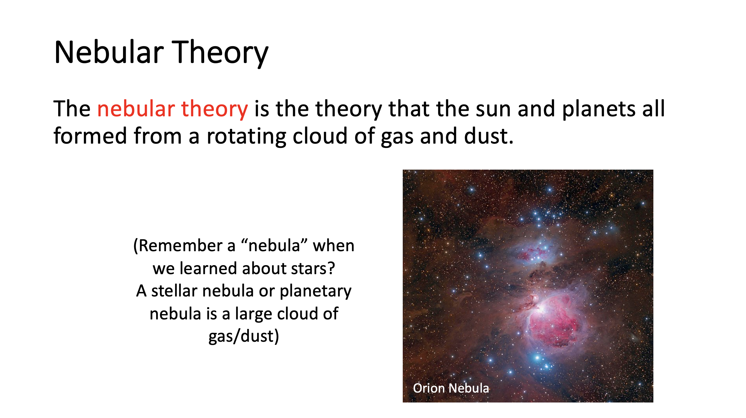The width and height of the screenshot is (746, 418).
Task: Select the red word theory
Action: pos(214,109)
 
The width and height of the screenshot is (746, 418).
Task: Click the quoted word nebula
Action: pos(274,246)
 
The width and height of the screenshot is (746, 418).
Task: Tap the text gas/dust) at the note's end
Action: pos(244,336)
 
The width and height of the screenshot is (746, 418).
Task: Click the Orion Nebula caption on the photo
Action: pos(451,388)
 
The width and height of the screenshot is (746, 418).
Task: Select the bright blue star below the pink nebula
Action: pos(538,358)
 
